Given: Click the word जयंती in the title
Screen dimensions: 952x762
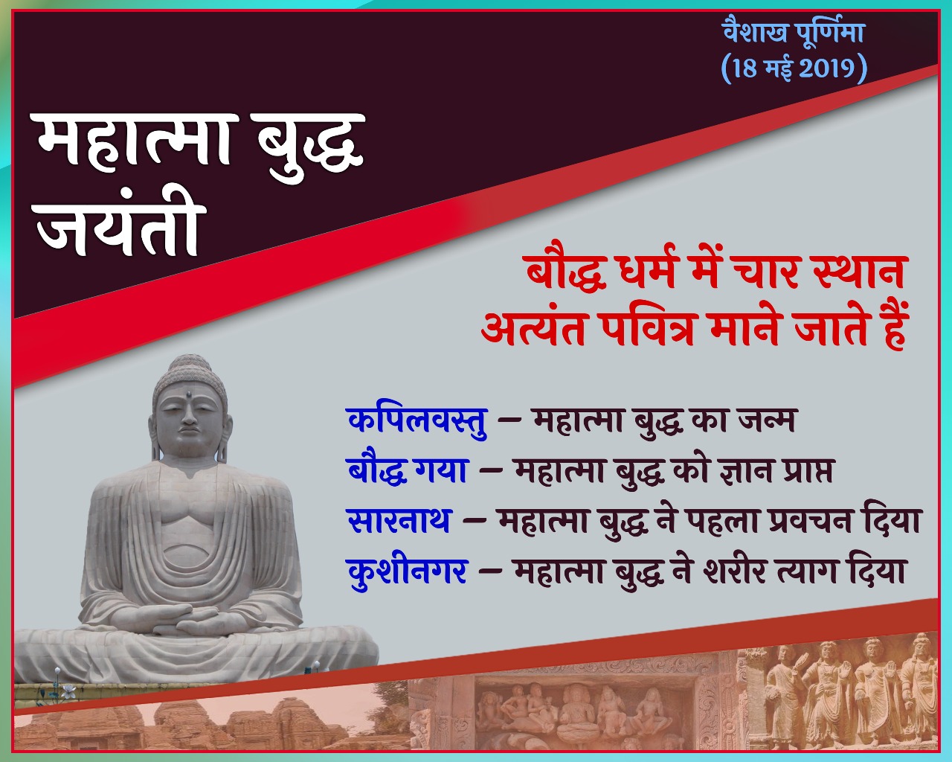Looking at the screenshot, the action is (x=120, y=228).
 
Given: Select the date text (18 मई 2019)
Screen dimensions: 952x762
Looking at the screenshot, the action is (x=794, y=68).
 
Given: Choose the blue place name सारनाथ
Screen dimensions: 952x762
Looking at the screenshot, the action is (x=399, y=520).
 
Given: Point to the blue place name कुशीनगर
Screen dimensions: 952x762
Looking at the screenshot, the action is (x=408, y=571).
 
